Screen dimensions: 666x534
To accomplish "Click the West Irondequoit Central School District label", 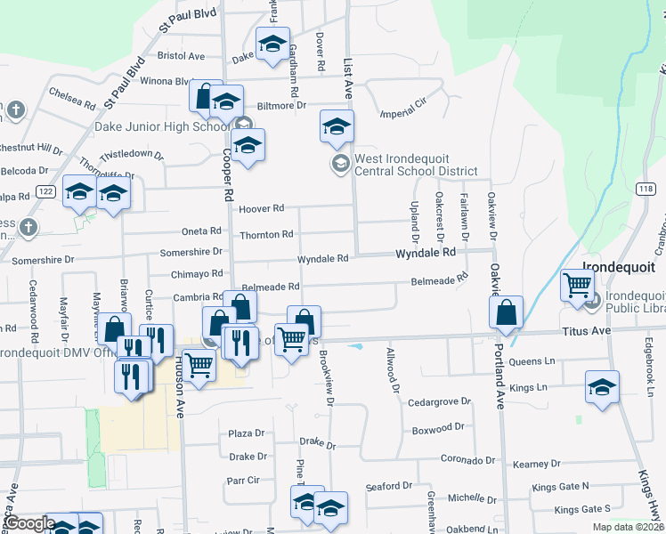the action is pos(416,165).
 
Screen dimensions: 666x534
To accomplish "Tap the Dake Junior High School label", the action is pos(163,127).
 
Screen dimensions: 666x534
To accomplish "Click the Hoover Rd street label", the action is pos(262,208).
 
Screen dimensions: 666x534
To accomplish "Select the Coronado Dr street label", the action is pos(467,461).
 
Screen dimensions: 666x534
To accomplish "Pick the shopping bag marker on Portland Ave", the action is pos(506,314).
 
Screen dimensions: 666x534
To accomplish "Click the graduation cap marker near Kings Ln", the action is pos(602,388).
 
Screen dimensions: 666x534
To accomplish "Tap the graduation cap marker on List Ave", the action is pos(337,128).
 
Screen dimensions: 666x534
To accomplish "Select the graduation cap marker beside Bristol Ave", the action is pos(272,44).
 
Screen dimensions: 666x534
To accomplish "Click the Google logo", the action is pos(29,524).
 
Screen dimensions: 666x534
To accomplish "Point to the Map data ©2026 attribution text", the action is pos(629,527).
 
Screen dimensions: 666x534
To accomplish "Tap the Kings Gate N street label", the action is pos(560,487).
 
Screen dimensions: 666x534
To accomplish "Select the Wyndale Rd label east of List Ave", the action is pos(426,253).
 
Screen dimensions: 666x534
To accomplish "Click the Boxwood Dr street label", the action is pos(439,428).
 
